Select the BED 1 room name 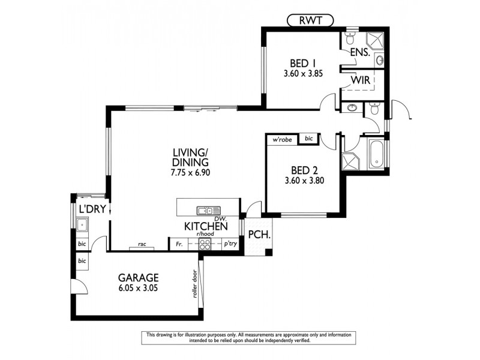coord(303,64)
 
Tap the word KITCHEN coord(205,226)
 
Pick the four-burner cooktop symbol coord(205,244)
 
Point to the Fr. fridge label coord(179,244)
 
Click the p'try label coord(229,244)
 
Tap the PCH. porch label coord(259,235)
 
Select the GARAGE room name coord(138,277)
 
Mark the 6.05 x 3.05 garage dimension coord(138,288)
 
